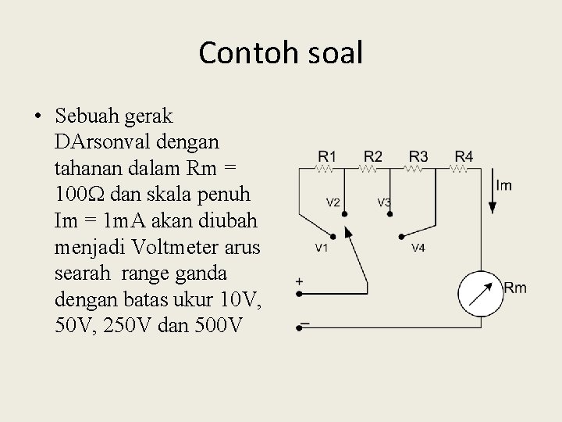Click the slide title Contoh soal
tap(281, 53)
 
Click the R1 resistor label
tap(327, 156)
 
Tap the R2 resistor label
tap(372, 156)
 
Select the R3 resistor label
tap(418, 156)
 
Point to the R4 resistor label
tap(463, 156)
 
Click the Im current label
tap(503, 185)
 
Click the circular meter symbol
tap(478, 291)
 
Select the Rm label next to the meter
tap(515, 288)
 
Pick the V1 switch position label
tap(320, 249)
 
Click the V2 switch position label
tap(333, 202)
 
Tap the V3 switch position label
tap(384, 202)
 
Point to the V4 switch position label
tap(418, 249)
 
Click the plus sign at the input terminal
tap(300, 281)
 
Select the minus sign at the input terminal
tap(305, 323)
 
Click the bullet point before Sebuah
tap(38, 118)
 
